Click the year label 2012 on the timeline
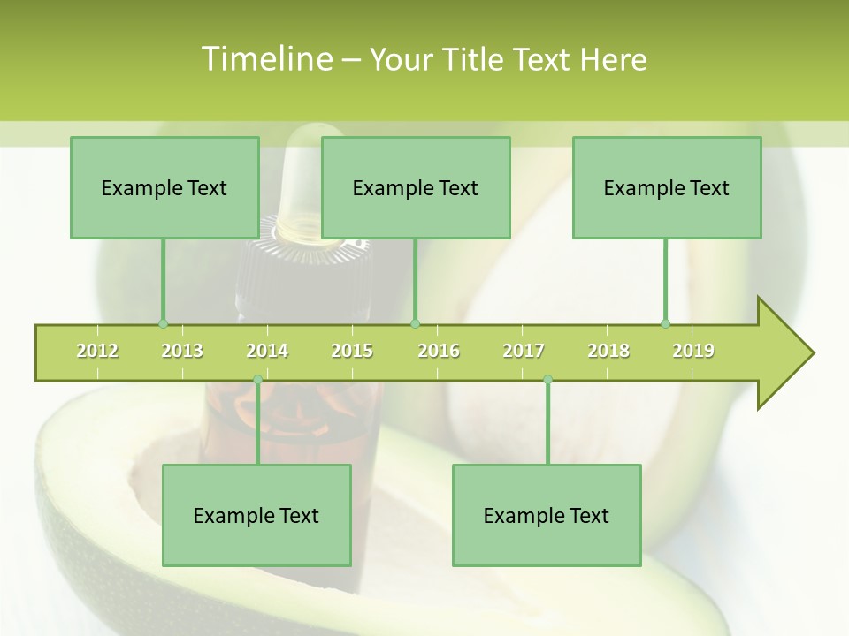97,351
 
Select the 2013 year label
182,351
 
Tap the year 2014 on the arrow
267,351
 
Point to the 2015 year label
352,351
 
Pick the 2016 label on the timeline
439,351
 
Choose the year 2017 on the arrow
524,351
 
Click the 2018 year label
608,351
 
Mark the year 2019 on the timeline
693,351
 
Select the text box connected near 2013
164,188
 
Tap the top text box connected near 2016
416,188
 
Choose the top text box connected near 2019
667,188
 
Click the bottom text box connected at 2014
256,516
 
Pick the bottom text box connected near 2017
547,516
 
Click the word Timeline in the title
265,59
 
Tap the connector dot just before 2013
163,323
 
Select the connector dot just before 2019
665,323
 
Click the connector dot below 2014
257,380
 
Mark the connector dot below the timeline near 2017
547,380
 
